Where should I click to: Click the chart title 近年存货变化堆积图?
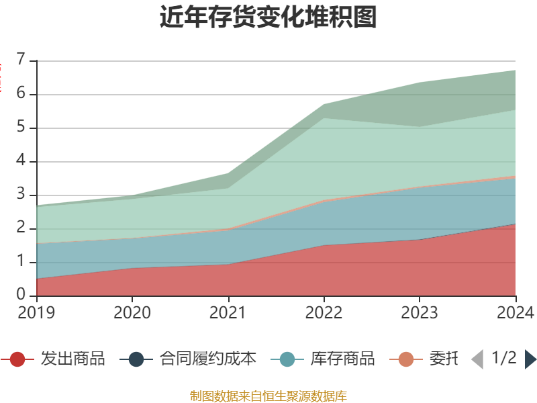268,17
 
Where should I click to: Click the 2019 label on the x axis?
37,312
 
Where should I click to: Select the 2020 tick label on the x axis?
132,312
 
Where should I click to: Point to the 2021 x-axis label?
228,312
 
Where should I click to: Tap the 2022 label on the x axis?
324,312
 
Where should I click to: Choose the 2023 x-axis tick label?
420,312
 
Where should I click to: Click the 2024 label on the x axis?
515,312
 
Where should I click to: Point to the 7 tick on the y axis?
22,60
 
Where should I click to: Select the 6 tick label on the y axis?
22,94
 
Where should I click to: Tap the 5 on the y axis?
22,128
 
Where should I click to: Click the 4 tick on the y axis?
22,161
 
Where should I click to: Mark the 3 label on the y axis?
22,195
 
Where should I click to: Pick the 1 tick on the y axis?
22,262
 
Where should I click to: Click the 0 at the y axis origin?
22,296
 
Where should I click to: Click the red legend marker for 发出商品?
17,359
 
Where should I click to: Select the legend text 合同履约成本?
208,359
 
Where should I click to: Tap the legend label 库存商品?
342,359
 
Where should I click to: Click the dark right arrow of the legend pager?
530,359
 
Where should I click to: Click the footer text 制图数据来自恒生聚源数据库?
268,396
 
